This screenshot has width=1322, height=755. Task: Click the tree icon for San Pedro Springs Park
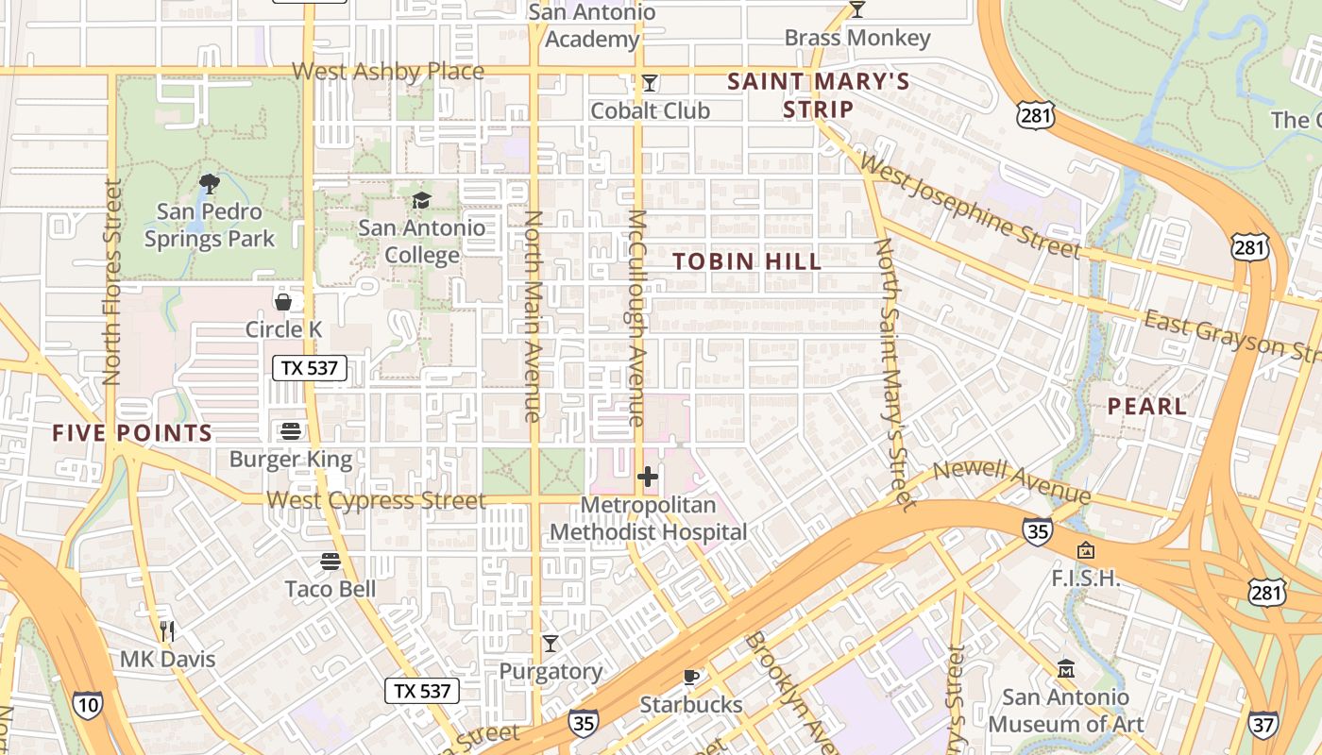(209, 183)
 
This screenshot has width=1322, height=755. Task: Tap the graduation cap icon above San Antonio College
(421, 200)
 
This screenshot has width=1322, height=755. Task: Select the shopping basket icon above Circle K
(282, 302)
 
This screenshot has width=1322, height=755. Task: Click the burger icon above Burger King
(291, 431)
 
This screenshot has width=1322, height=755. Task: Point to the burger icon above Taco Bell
(330, 562)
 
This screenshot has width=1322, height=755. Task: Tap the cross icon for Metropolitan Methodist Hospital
(648, 478)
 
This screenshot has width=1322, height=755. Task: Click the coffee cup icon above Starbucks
(691, 677)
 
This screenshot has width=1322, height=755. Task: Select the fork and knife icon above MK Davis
(167, 630)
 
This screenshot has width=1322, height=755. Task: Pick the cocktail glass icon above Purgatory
(551, 644)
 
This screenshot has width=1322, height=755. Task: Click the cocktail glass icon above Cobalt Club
(649, 83)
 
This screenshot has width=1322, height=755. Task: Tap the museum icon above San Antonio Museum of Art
(1066, 669)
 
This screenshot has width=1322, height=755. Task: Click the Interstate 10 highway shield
(87, 705)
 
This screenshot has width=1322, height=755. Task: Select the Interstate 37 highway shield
(1263, 726)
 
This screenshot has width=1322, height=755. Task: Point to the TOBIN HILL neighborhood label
(747, 261)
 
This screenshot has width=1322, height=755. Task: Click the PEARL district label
(1146, 407)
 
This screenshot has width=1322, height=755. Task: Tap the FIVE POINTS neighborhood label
(132, 433)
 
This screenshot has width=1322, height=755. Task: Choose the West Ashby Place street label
(388, 72)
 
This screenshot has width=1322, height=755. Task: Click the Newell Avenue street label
(1011, 482)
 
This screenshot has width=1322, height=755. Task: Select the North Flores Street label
(112, 282)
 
